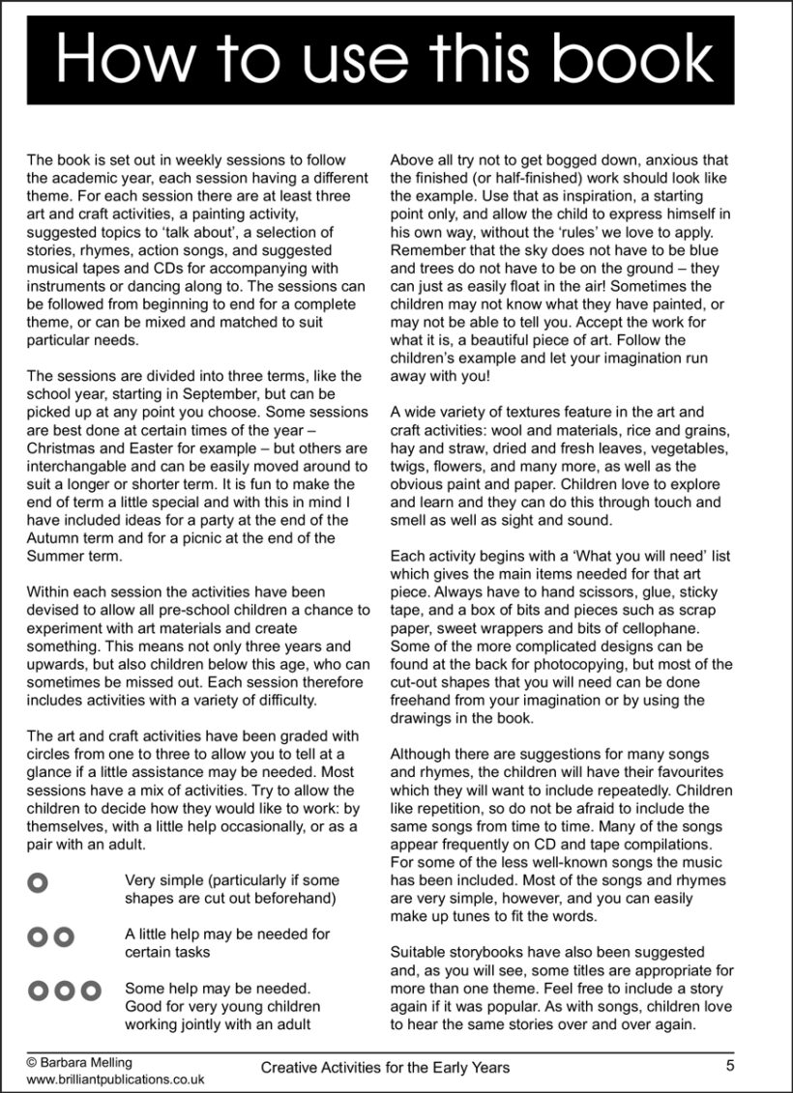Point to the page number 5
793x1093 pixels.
coord(729,1066)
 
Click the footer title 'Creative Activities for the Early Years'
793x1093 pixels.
coord(385,1068)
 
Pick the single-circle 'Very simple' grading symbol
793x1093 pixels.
coord(38,881)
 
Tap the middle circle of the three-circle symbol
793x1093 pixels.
coord(64,991)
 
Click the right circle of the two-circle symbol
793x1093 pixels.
coord(64,935)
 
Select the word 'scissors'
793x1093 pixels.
coord(612,592)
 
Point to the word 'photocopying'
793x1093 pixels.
coord(573,664)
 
